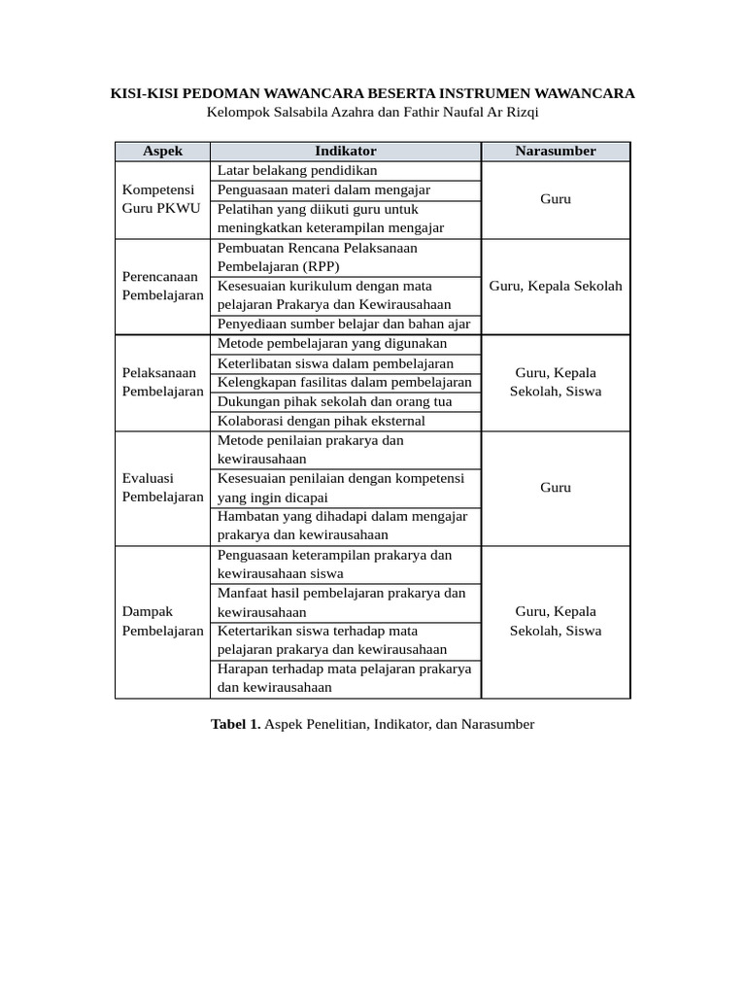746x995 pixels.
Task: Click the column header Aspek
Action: (x=162, y=151)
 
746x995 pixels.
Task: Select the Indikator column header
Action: (x=345, y=151)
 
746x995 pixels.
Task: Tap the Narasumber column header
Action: (x=556, y=151)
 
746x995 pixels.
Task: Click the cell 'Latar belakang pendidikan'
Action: (x=296, y=170)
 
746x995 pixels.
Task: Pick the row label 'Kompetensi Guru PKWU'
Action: (x=159, y=199)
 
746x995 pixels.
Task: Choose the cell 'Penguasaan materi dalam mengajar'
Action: (x=323, y=189)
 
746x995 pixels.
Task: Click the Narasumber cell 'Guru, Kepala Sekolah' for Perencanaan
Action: (x=556, y=286)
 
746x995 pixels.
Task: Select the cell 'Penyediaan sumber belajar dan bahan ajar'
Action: (x=343, y=324)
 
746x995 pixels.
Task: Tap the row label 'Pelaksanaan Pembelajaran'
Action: (x=162, y=382)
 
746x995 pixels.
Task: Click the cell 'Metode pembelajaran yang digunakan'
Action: (x=332, y=343)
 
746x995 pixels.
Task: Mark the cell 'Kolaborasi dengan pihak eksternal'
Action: (x=321, y=421)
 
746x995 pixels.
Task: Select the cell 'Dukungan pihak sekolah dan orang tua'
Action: (x=334, y=401)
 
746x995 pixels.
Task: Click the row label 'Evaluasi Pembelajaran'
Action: (x=162, y=488)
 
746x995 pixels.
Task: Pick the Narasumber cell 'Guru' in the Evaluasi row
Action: (x=556, y=488)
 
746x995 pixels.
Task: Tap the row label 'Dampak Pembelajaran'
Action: (x=162, y=621)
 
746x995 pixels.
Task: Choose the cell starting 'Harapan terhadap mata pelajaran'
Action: (x=344, y=678)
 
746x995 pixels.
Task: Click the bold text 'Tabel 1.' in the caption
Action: (x=236, y=724)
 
